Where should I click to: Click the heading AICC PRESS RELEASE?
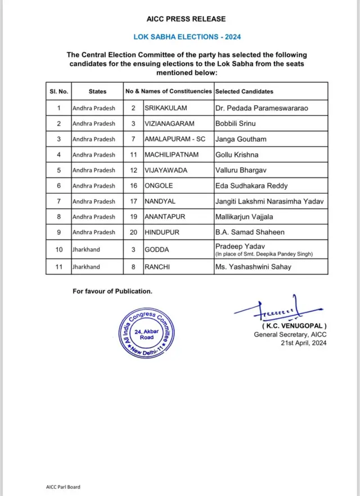coord(186,19)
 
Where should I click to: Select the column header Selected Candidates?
coord(244,91)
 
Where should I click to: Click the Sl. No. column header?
coord(58,91)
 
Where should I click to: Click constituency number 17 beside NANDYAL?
coord(133,202)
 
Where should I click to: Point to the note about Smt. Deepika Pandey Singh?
coord(264,254)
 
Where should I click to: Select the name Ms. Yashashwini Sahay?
coord(253,267)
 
